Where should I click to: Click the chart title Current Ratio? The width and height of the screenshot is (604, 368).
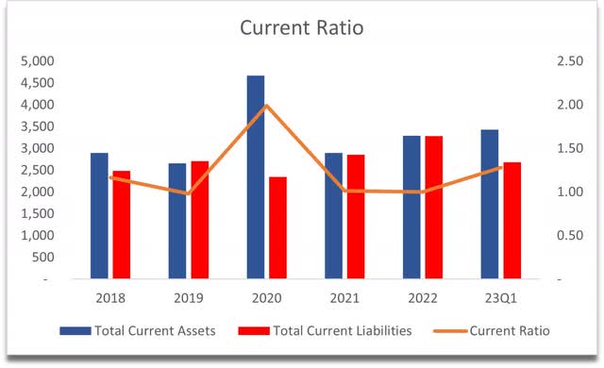[301, 27]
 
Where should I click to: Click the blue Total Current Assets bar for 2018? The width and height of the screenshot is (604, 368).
[100, 216]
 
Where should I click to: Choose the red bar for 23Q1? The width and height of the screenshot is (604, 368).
[512, 221]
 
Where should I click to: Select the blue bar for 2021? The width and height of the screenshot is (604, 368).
[333, 216]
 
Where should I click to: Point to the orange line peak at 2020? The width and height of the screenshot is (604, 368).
[267, 106]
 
